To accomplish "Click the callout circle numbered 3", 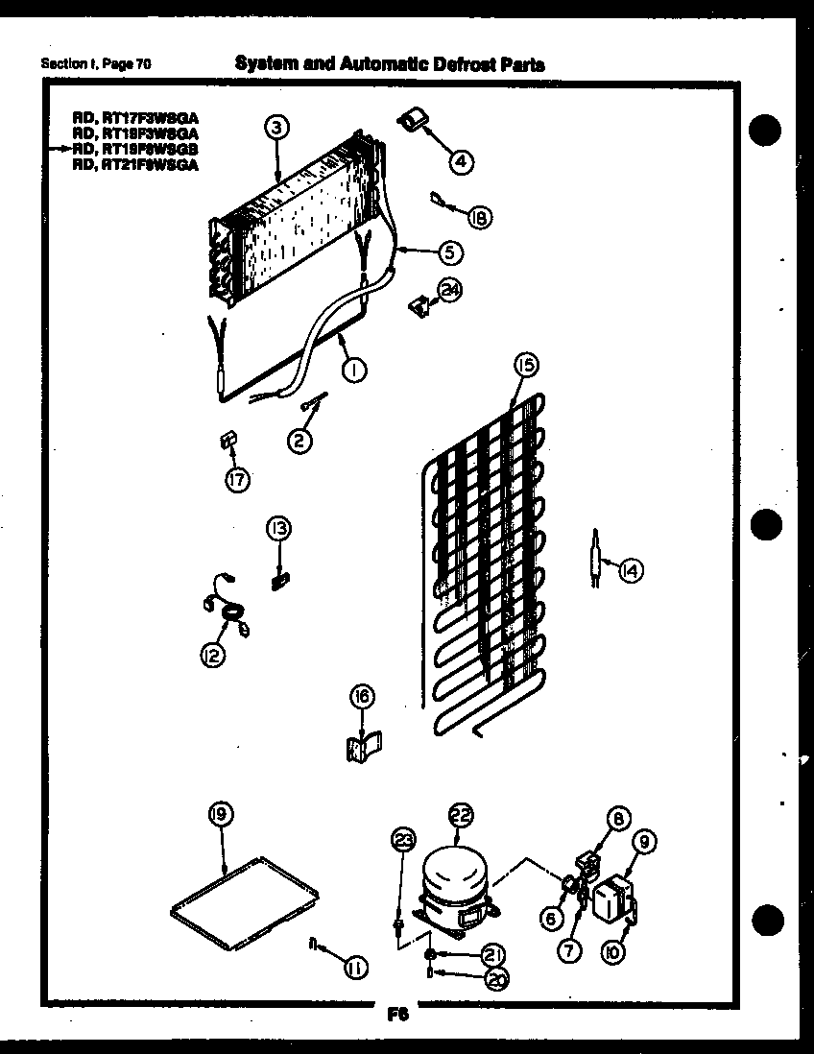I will [275, 127].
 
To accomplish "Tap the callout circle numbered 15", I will [525, 365].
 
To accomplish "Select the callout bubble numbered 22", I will [462, 816].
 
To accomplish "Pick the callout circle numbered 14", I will [630, 570].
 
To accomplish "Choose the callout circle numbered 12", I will [210, 656].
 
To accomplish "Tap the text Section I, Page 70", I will [96, 64].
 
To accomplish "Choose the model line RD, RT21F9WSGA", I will [135, 164].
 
